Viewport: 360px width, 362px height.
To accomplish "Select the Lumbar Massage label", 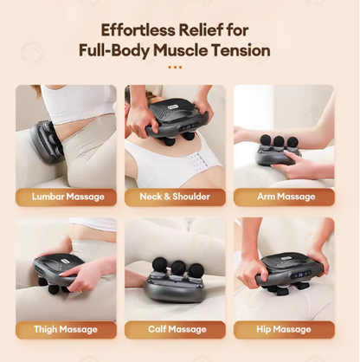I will click(67, 197).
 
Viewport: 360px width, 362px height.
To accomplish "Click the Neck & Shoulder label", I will click(175, 197).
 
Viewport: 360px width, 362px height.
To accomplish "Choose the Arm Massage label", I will click(284, 197).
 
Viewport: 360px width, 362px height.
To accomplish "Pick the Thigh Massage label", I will click(67, 330).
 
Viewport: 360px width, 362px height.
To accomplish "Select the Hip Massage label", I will click(284, 330).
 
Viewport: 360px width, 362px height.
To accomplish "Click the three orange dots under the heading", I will click(175, 67).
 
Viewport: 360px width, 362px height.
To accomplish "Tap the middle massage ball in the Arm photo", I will click(279, 141).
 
